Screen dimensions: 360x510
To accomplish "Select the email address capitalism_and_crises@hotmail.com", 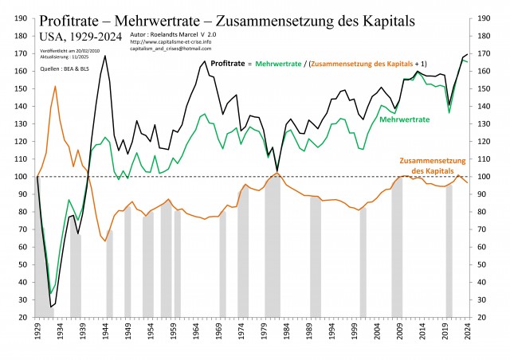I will coord(172,49).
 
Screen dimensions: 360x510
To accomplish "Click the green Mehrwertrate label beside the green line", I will coord(405,119).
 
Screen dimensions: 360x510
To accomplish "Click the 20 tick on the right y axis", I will coord(488,318).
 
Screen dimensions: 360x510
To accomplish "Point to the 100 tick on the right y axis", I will coord(488,177).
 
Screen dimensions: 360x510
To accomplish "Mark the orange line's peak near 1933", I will coord(55,86).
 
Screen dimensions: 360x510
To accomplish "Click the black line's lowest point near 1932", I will coord(51,307).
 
